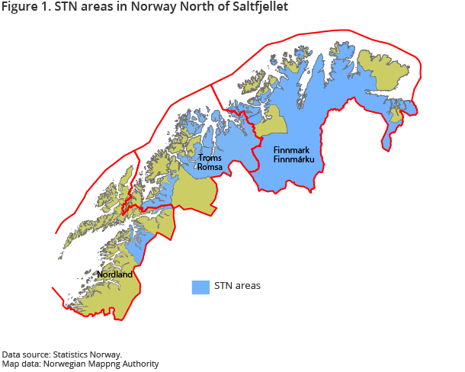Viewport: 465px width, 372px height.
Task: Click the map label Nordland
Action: pyautogui.click(x=115, y=274)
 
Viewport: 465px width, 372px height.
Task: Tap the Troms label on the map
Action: pyautogui.click(x=210, y=158)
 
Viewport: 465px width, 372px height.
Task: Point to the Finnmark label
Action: pyautogui.click(x=294, y=150)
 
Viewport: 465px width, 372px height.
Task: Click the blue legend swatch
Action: pyautogui.click(x=200, y=287)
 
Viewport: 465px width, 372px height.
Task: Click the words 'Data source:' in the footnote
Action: pyautogui.click(x=27, y=354)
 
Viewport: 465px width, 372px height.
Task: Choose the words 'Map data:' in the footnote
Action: pyautogui.click(x=21, y=364)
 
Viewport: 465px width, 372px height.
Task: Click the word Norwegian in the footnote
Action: pyautogui.click(x=59, y=364)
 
